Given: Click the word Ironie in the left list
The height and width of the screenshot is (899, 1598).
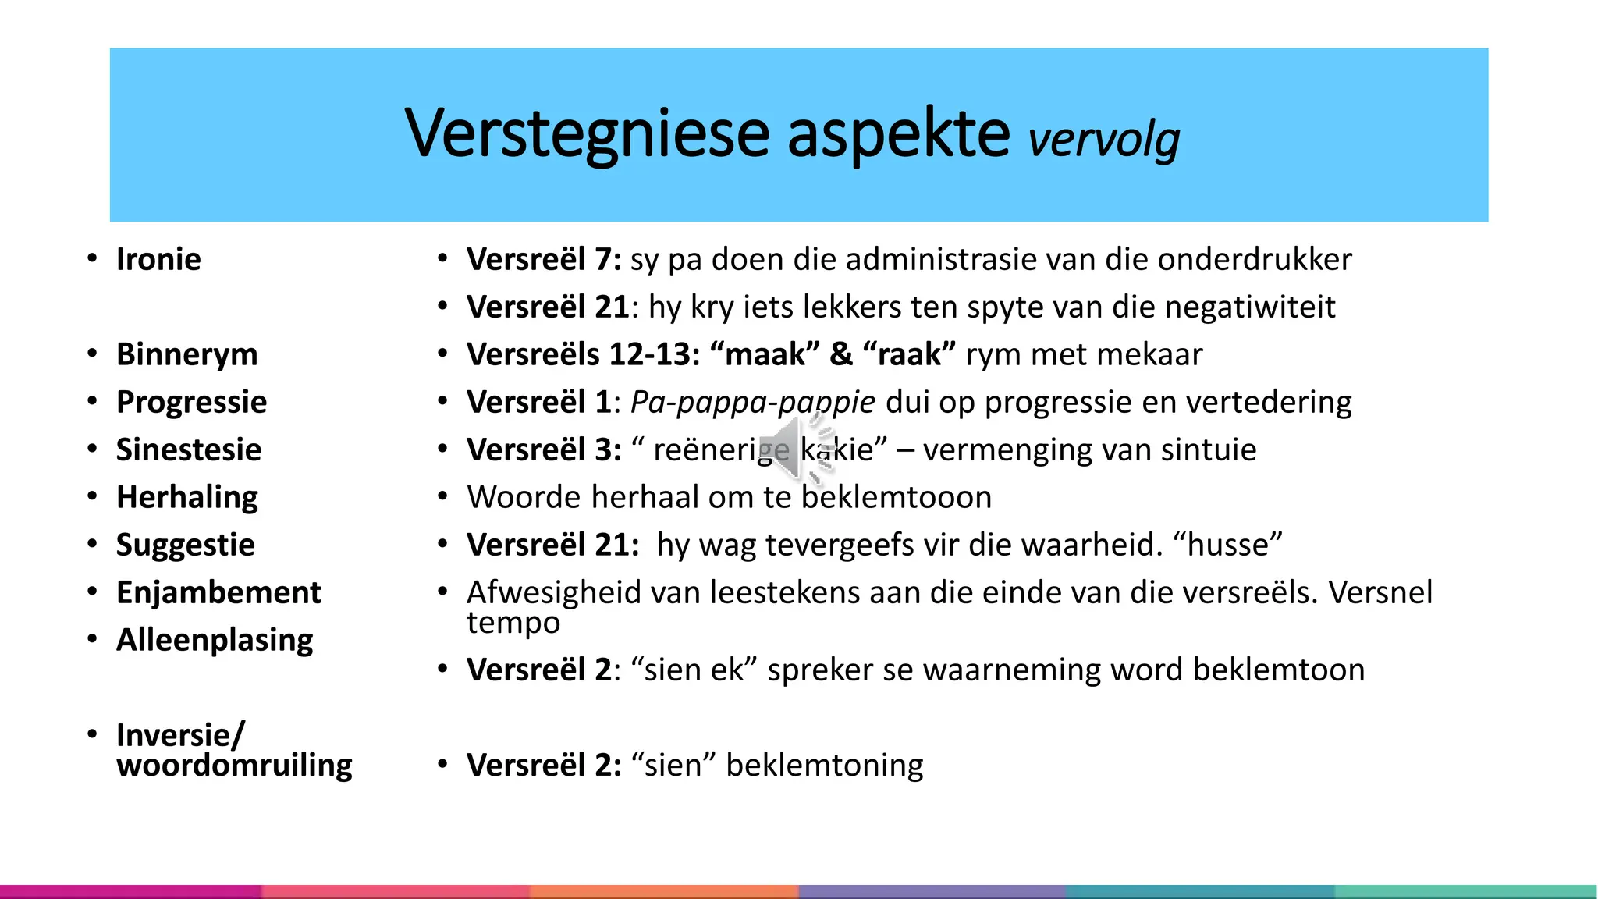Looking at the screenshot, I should pos(158,260).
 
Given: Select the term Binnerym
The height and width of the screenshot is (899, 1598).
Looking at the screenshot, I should pos(186,355).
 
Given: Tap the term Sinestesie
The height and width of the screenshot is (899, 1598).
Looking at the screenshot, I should pos(189,450).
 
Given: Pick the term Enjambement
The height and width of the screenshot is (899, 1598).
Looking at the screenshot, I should pos(218,593).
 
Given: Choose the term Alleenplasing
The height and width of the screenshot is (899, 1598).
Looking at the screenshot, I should pos(215,641).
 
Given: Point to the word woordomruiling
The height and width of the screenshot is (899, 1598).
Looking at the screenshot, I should pos(234,766).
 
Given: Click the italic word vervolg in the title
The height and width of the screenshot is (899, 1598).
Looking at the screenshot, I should pos(1103,140).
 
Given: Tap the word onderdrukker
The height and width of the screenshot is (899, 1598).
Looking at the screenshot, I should pos(1254,260).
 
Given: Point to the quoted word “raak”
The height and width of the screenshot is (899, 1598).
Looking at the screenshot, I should pos(909,355).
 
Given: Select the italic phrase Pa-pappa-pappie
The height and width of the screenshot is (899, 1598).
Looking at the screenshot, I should pos(752,403).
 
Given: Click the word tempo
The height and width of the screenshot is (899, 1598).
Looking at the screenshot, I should pos(513,624).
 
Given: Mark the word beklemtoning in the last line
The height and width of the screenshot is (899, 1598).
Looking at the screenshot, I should pos(824,766).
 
